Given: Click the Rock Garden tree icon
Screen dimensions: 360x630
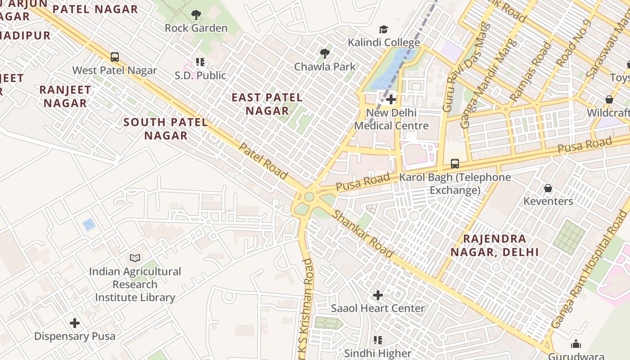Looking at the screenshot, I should click(196, 15).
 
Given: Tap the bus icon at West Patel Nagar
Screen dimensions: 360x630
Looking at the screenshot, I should click(115, 57).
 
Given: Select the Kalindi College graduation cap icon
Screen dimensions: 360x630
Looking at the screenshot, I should click(383, 29).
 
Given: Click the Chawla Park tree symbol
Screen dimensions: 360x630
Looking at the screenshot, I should click(324, 54).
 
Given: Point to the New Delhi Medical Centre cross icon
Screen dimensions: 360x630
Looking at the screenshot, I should click(391, 99).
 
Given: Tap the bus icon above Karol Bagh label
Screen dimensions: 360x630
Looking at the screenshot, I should click(455, 164).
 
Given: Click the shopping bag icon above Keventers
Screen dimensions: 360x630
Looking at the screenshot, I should click(548, 188).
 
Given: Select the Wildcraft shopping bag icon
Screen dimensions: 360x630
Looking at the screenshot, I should click(609, 99).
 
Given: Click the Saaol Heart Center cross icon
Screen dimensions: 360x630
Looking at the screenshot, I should click(378, 295).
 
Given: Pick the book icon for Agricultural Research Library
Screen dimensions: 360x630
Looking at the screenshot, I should click(135, 258).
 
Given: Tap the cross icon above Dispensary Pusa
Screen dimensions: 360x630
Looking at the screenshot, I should click(75, 323).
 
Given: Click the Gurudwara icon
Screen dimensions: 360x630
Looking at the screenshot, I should click(576, 344).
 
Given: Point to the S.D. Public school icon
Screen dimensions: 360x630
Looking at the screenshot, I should click(200, 62).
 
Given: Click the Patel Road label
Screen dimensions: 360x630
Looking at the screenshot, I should click(263, 161).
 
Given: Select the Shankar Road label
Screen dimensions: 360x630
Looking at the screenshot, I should click(363, 234).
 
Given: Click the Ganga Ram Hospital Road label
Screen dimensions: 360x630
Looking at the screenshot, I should click(589, 274).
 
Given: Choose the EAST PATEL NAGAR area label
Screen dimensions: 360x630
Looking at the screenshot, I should click(267, 104).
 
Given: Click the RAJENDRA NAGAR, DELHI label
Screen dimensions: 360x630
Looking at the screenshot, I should click(495, 245).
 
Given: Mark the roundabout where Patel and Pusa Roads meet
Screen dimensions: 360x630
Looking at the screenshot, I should click(309, 197).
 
